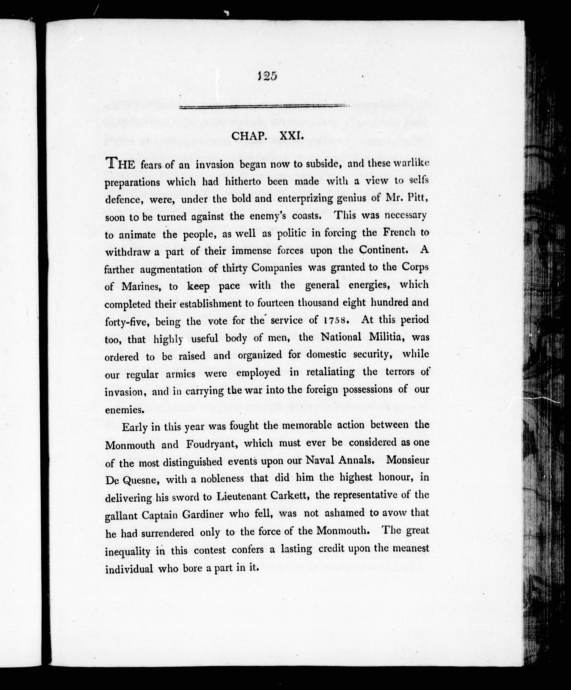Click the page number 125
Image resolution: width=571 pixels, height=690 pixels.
[267, 76]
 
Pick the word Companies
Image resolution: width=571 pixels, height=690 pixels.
[276, 268]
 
